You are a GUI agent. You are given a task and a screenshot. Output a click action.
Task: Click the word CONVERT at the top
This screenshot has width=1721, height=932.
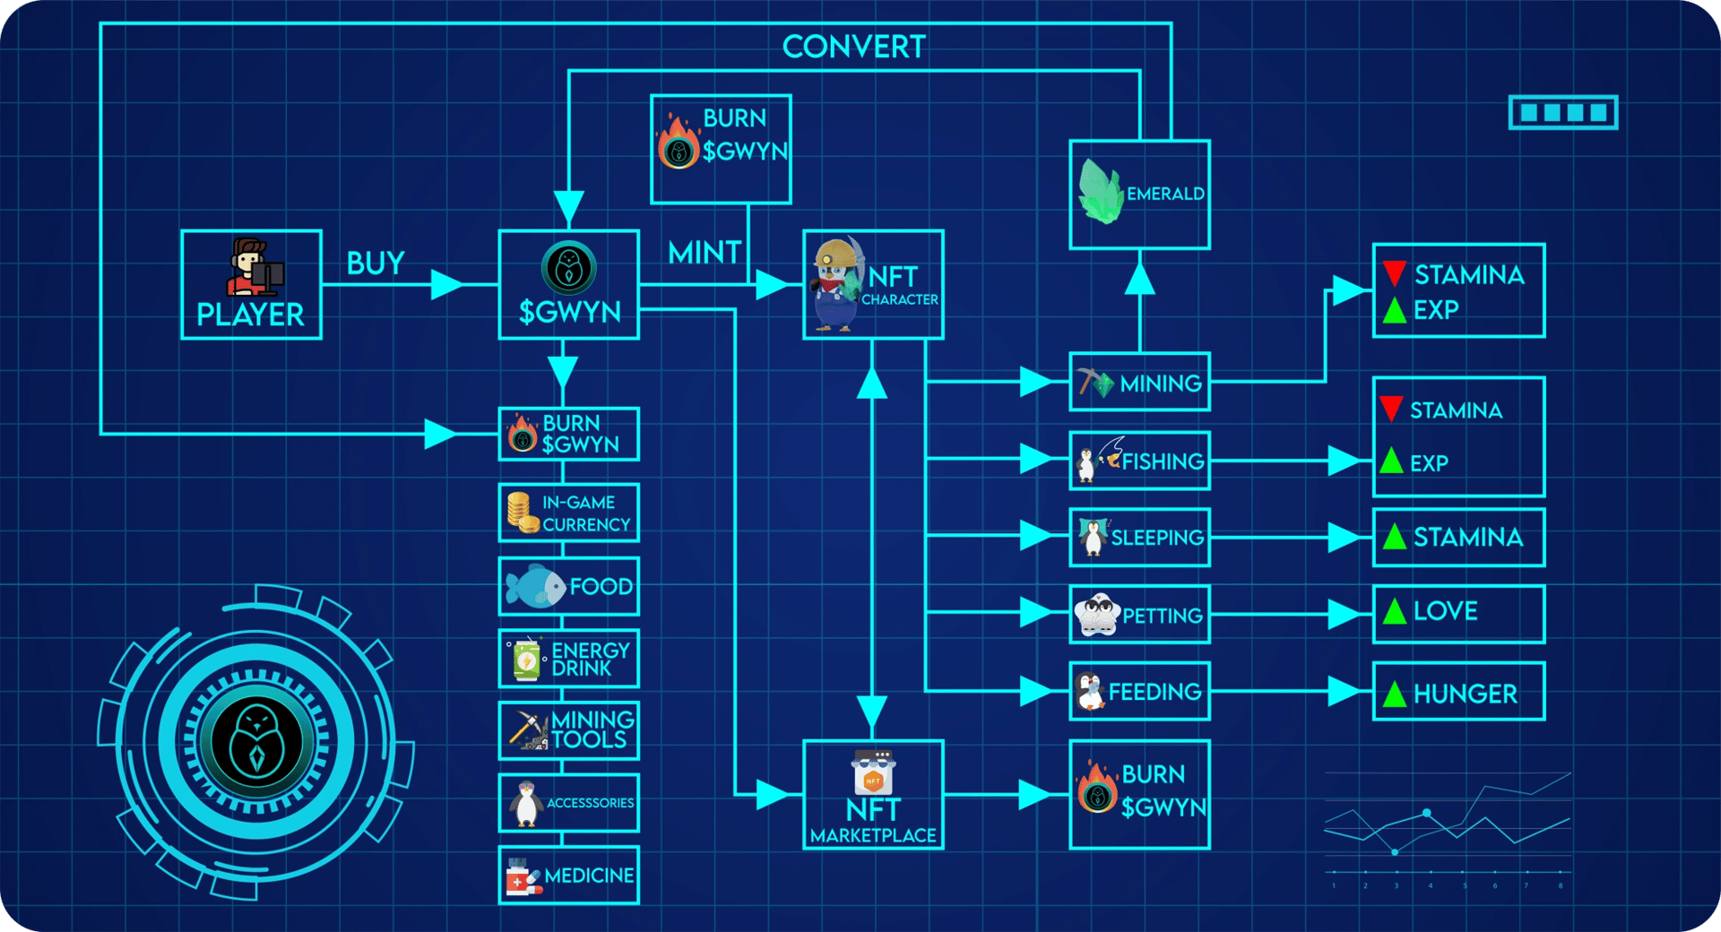853,47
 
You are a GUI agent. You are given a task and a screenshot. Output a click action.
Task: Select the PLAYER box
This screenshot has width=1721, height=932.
251,284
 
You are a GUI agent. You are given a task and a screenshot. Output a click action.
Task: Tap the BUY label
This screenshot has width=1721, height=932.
376,263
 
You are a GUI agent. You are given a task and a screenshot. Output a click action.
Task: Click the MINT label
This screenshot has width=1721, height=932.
705,253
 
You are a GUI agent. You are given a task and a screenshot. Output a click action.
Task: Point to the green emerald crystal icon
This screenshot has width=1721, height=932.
1101,191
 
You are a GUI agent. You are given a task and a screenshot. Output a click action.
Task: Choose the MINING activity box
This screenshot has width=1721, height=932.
1139,382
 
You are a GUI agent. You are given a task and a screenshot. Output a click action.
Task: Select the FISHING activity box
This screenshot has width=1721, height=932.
1139,461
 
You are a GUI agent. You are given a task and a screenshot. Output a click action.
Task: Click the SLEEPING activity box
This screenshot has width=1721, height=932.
1139,537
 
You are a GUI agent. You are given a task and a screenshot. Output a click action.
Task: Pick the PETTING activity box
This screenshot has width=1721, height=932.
1139,614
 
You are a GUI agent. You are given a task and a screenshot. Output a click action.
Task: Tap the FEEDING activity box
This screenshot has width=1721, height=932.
1139,691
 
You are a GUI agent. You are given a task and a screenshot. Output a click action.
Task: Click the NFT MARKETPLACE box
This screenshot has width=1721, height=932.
873,794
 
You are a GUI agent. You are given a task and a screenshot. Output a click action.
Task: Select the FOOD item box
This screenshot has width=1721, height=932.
568,586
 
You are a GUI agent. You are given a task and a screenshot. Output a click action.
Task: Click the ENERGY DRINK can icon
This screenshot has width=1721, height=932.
526,659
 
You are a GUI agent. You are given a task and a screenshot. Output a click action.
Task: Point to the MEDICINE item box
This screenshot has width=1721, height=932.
568,875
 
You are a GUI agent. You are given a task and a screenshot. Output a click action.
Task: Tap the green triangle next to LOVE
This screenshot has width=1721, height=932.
1394,611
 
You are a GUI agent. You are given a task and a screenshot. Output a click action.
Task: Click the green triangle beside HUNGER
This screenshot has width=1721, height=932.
1394,694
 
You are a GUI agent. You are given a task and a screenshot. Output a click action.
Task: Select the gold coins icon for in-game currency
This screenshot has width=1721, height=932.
522,513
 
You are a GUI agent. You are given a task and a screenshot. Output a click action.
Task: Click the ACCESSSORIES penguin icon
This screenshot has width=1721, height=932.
526,803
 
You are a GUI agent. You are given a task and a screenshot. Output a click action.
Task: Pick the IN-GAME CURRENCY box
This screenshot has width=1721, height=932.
568,513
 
